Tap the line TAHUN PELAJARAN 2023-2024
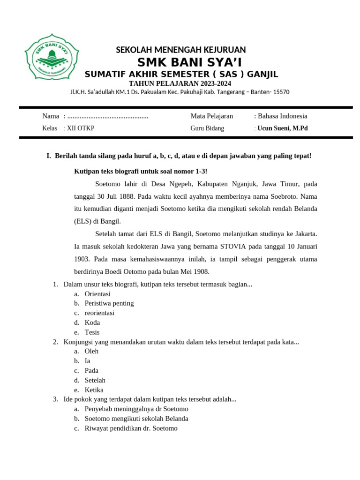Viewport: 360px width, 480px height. (180, 83)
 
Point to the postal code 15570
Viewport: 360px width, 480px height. (280, 92)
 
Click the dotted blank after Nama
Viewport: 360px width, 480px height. (108, 116)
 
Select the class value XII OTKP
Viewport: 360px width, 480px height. (80, 128)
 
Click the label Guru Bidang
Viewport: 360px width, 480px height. (207, 128)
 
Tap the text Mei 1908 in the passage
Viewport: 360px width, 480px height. (194, 271)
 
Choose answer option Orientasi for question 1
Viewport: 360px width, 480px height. (97, 294)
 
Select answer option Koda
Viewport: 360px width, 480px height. (92, 322)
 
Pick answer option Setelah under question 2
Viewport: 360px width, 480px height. (95, 380)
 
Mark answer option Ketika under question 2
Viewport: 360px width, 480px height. (94, 390)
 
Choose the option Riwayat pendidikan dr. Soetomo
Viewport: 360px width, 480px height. (131, 428)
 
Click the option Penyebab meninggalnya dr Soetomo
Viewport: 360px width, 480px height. (136, 409)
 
